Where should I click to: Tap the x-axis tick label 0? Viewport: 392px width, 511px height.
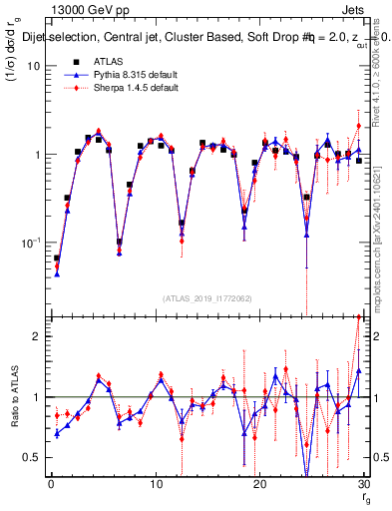[51, 484]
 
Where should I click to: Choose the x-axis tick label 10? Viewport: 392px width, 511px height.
[155, 484]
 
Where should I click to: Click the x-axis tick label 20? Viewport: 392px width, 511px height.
[259, 484]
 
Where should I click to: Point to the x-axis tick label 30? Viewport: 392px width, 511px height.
[363, 484]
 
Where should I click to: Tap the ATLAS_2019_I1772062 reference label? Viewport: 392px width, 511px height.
[207, 297]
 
